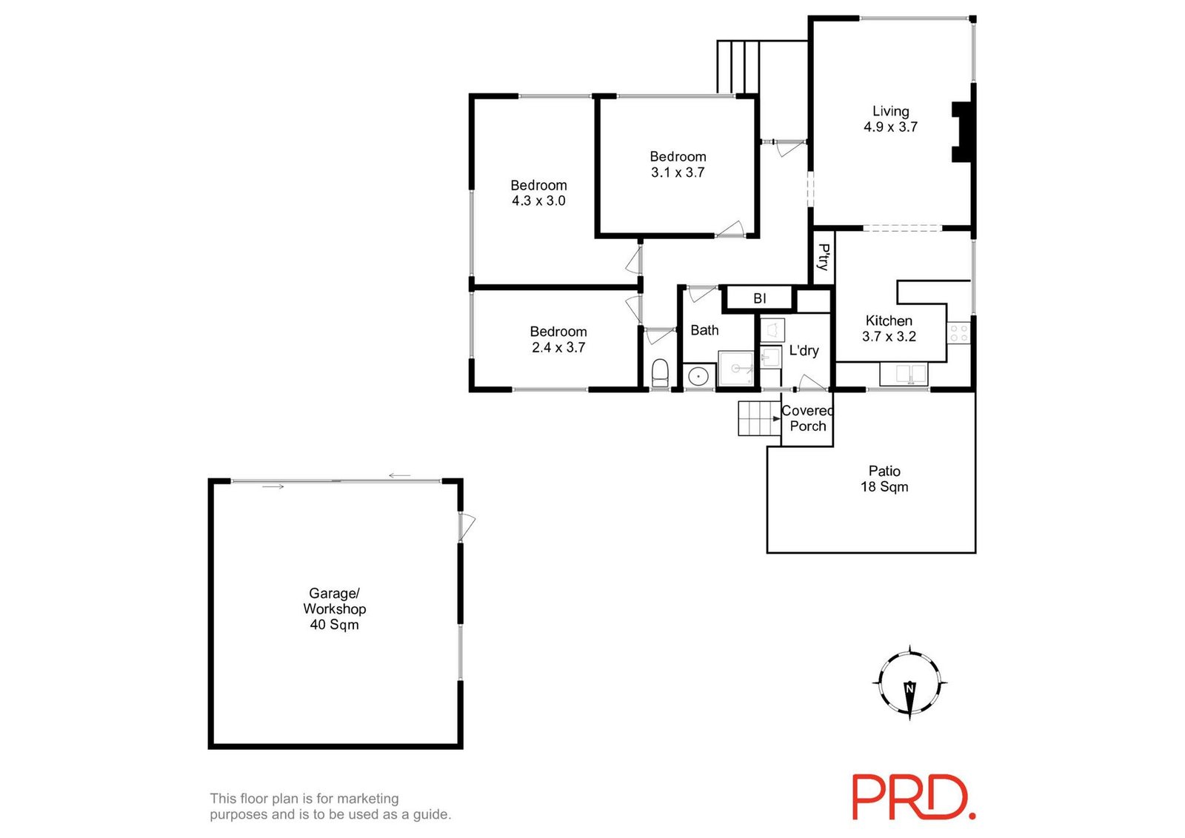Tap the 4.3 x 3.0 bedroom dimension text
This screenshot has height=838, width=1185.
(538, 201)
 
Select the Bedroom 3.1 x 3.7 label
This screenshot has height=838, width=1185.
(678, 164)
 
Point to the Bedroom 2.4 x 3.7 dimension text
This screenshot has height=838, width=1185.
(558, 347)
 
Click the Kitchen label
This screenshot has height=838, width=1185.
(889, 321)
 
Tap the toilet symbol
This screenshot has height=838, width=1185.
(660, 373)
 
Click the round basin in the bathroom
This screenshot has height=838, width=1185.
(698, 377)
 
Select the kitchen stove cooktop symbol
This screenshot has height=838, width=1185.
(958, 333)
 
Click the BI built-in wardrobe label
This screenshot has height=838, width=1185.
(760, 299)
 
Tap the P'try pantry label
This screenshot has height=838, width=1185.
(823, 257)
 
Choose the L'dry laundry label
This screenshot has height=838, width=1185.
(804, 351)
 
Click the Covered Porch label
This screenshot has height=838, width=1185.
(807, 418)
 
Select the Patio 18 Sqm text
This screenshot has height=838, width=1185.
(884, 479)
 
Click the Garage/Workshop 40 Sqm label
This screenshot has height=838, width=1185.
(334, 609)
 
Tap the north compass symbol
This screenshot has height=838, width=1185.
(909, 683)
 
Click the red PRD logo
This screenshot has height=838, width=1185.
(914, 797)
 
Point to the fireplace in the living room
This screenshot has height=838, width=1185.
(962, 132)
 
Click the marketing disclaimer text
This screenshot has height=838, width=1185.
(330, 806)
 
